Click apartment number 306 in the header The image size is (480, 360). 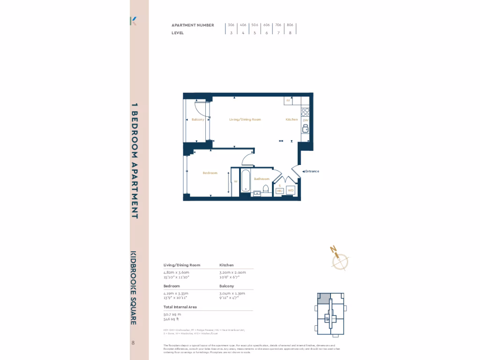click(x=231, y=25)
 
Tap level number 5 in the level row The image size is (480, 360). click(x=255, y=33)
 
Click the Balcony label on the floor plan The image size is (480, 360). click(x=198, y=120)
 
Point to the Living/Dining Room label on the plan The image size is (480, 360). click(x=245, y=120)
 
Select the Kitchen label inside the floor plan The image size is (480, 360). click(x=292, y=120)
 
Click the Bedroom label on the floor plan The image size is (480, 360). click(x=210, y=173)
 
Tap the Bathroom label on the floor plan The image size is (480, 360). click(x=262, y=179)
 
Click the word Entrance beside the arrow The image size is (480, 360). click(x=312, y=171)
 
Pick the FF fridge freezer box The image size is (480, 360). click(x=289, y=101)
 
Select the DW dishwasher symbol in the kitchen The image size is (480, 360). click(x=305, y=120)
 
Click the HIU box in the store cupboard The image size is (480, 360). click(x=279, y=191)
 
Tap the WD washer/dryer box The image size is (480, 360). click(x=291, y=191)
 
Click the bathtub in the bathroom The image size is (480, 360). click(x=245, y=183)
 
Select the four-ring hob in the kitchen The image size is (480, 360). click(x=305, y=112)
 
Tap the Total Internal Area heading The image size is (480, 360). click(x=180, y=307)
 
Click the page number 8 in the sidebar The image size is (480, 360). click(x=133, y=343)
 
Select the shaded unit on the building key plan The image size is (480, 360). click(x=323, y=298)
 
